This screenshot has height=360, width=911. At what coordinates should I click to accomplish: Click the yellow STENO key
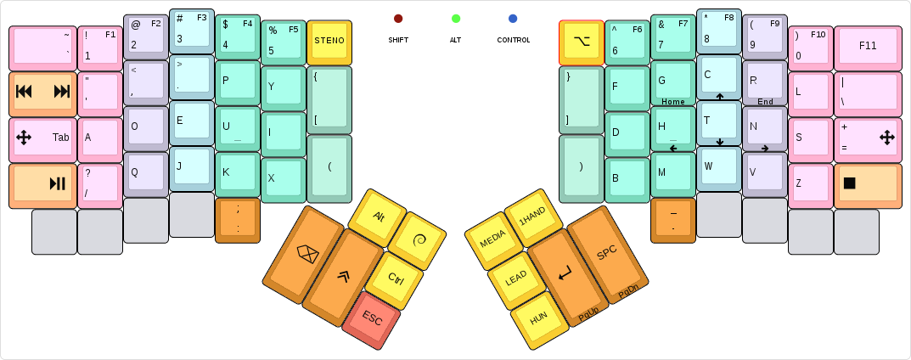329,42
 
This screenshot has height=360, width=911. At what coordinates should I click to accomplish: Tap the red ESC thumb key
371,319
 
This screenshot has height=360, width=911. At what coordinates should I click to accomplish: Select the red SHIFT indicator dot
398,18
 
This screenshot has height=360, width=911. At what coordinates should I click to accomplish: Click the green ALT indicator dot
456,18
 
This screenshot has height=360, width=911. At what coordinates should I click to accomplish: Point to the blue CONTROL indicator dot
513,18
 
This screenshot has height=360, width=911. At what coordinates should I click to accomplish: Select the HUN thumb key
538,318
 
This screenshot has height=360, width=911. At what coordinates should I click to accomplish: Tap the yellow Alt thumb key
379,217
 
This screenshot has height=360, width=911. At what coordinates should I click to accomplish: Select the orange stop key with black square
867,184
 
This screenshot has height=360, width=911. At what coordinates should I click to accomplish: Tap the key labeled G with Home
672,82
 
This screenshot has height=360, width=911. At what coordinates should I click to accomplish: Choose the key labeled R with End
764,82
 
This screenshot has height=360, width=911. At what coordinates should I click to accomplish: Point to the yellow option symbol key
581,42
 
